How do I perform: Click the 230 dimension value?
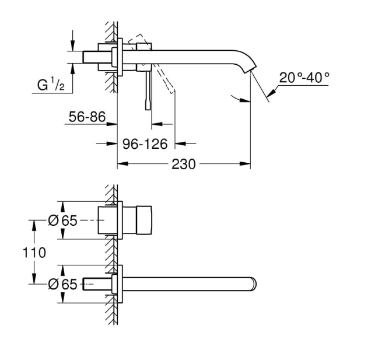[x=183, y=165]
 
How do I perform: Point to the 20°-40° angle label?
[x=304, y=76]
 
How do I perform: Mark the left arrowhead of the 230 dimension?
[x=121, y=165]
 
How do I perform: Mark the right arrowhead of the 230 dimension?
[x=247, y=165]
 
